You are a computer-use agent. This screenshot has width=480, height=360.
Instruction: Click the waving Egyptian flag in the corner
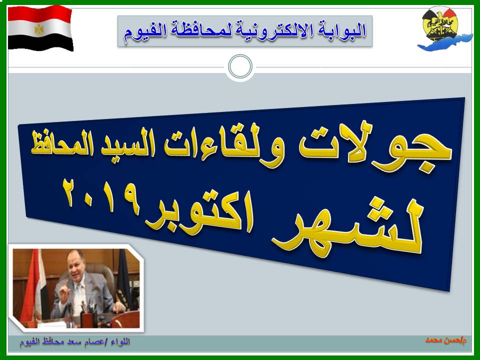[40, 28]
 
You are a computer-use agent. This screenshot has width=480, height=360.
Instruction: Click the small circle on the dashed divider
[240, 66]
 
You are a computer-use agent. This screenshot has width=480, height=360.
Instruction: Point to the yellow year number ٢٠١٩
[101, 195]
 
